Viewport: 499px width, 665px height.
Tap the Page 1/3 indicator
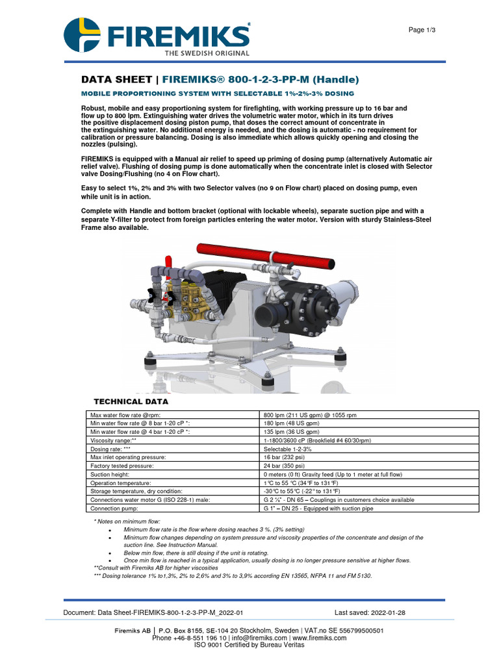coord(422,30)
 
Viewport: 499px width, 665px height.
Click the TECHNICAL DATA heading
coord(131,402)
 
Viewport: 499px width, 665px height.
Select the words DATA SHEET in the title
coord(118,80)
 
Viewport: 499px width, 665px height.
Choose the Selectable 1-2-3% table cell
coord(288,449)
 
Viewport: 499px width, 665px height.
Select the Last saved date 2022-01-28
coord(370,613)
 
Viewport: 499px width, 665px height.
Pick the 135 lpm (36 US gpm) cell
coord(292,431)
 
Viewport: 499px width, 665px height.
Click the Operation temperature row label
coord(120,483)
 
